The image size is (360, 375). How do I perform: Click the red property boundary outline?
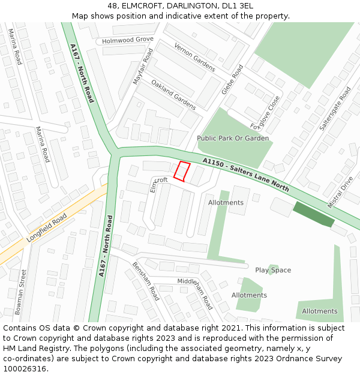pyautogui.click(x=182, y=171)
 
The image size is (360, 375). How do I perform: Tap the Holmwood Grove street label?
pyautogui.click(x=128, y=40)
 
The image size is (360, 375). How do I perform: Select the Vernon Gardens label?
pyautogui.click(x=194, y=57)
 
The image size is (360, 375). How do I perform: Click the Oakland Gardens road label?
pyautogui.click(x=173, y=95)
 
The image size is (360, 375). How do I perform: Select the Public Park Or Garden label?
pyautogui.click(x=233, y=138)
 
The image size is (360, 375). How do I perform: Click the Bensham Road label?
pyautogui.click(x=146, y=281)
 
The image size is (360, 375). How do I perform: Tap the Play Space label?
pyautogui.click(x=272, y=270)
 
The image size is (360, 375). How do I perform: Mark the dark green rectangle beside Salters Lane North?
pyautogui.click(x=313, y=214)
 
